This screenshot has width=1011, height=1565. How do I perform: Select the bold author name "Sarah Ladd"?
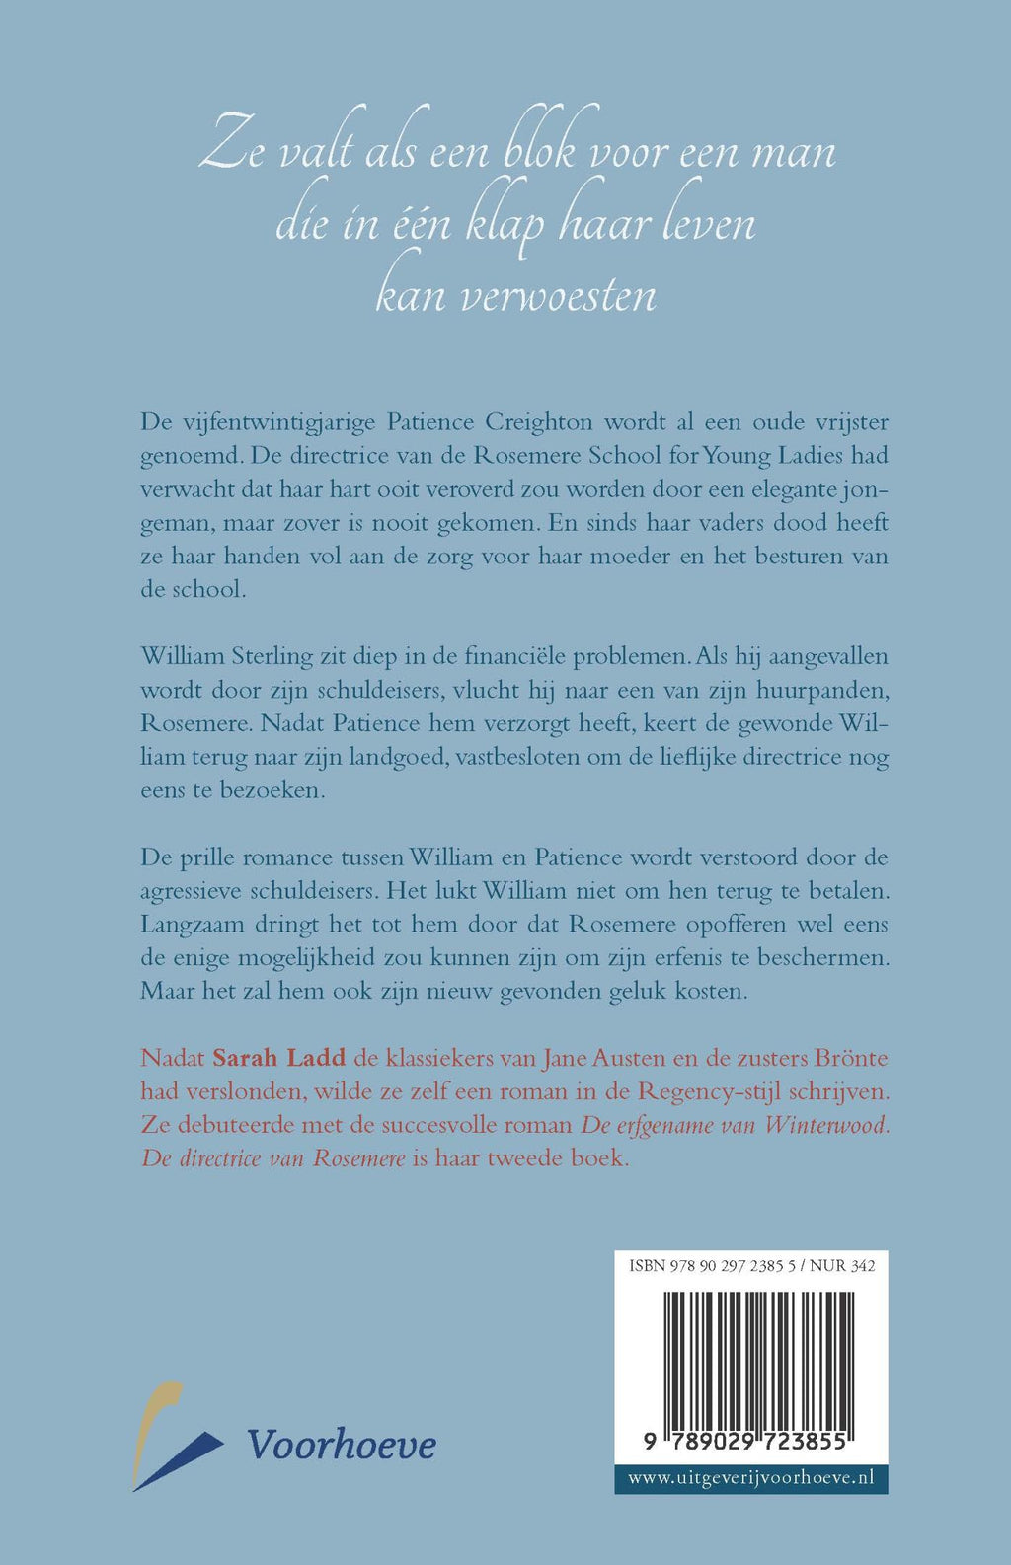click(279, 1058)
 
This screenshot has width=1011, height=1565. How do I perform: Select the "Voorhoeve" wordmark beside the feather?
click(342, 1445)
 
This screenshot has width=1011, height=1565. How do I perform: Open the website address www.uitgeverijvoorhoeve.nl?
click(751, 1478)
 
